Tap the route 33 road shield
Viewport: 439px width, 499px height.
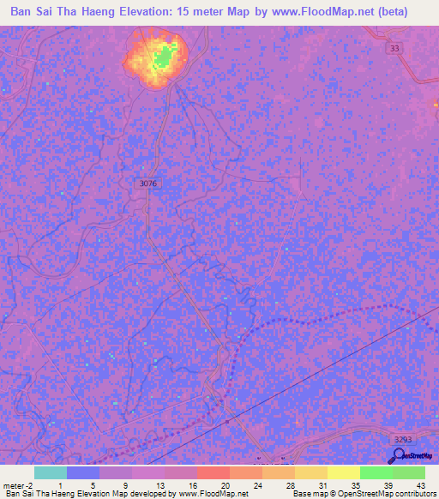click(x=394, y=49)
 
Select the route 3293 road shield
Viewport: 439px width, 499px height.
click(x=402, y=439)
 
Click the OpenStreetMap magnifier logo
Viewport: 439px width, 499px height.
click(x=395, y=456)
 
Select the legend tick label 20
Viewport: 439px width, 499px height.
click(x=225, y=485)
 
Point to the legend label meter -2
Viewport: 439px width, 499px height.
click(x=17, y=485)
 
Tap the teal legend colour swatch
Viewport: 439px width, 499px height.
click(x=51, y=472)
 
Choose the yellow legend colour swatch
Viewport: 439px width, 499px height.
click(x=344, y=472)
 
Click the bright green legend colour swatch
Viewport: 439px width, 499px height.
click(x=376, y=472)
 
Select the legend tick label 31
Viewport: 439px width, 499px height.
click(x=322, y=485)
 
